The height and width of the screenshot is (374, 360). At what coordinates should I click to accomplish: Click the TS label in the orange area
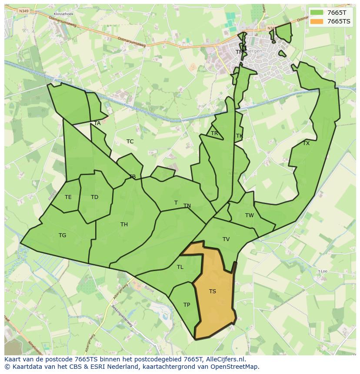[x=212, y=291]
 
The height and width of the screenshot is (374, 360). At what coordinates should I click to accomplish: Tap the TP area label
[x=187, y=305]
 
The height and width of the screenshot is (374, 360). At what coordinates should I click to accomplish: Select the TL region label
[x=180, y=267]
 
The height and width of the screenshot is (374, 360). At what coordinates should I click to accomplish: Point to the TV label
[x=226, y=239]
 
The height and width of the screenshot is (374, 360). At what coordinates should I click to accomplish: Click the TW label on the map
[x=249, y=215]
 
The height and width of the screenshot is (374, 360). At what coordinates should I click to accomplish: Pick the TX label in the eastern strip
[x=306, y=143]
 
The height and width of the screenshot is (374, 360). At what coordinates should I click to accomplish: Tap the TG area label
[x=62, y=235]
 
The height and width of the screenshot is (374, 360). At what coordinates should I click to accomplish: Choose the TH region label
[x=124, y=225]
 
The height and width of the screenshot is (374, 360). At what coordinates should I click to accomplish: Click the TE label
[x=68, y=197]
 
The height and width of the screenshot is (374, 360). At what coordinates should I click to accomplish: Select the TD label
[x=94, y=197]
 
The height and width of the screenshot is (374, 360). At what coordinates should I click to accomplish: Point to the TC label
[x=130, y=142]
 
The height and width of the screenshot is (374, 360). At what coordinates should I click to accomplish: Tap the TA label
[x=97, y=123]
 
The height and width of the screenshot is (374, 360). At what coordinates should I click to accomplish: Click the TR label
[x=214, y=133]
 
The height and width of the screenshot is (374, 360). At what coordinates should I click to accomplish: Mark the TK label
[x=239, y=136]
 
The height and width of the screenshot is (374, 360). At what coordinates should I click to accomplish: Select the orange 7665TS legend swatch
[x=317, y=21]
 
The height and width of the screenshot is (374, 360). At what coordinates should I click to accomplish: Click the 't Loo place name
[x=322, y=271]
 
